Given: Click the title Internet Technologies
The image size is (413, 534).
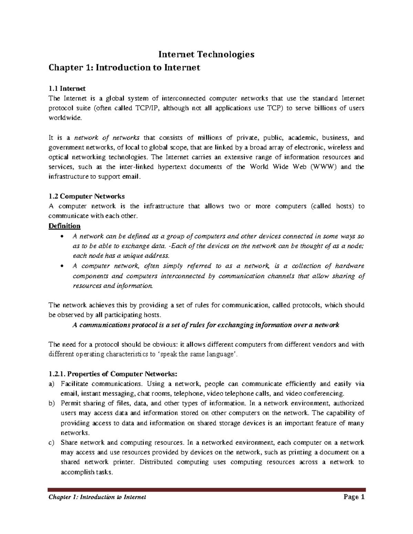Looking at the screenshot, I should tap(206, 54).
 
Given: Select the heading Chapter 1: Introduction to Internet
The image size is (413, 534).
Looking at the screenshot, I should tap(124, 68).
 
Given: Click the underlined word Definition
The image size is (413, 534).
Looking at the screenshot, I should tap(64, 226).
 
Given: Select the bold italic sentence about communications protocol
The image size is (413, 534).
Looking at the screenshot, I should tap(206, 325).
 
